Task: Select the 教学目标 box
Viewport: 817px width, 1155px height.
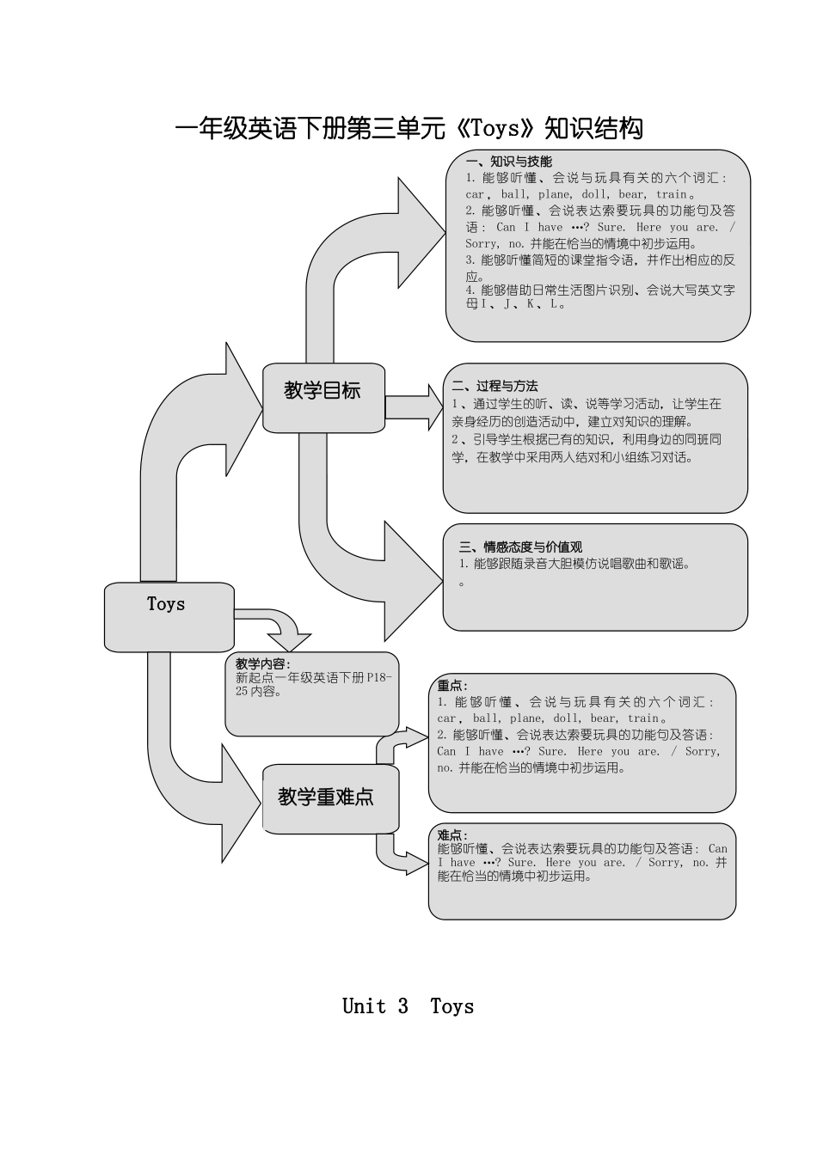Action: click(323, 396)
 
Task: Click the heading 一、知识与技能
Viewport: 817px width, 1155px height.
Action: click(508, 161)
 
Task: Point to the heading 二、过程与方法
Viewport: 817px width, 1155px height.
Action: click(494, 386)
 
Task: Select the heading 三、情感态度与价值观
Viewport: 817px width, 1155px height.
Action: click(520, 547)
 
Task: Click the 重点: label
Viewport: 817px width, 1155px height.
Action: click(452, 685)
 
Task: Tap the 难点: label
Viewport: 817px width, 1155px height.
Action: click(452, 834)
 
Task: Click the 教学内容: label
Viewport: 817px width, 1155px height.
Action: click(262, 663)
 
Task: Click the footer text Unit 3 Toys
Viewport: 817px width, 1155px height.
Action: click(408, 1006)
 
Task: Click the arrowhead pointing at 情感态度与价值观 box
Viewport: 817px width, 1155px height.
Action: click(413, 580)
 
